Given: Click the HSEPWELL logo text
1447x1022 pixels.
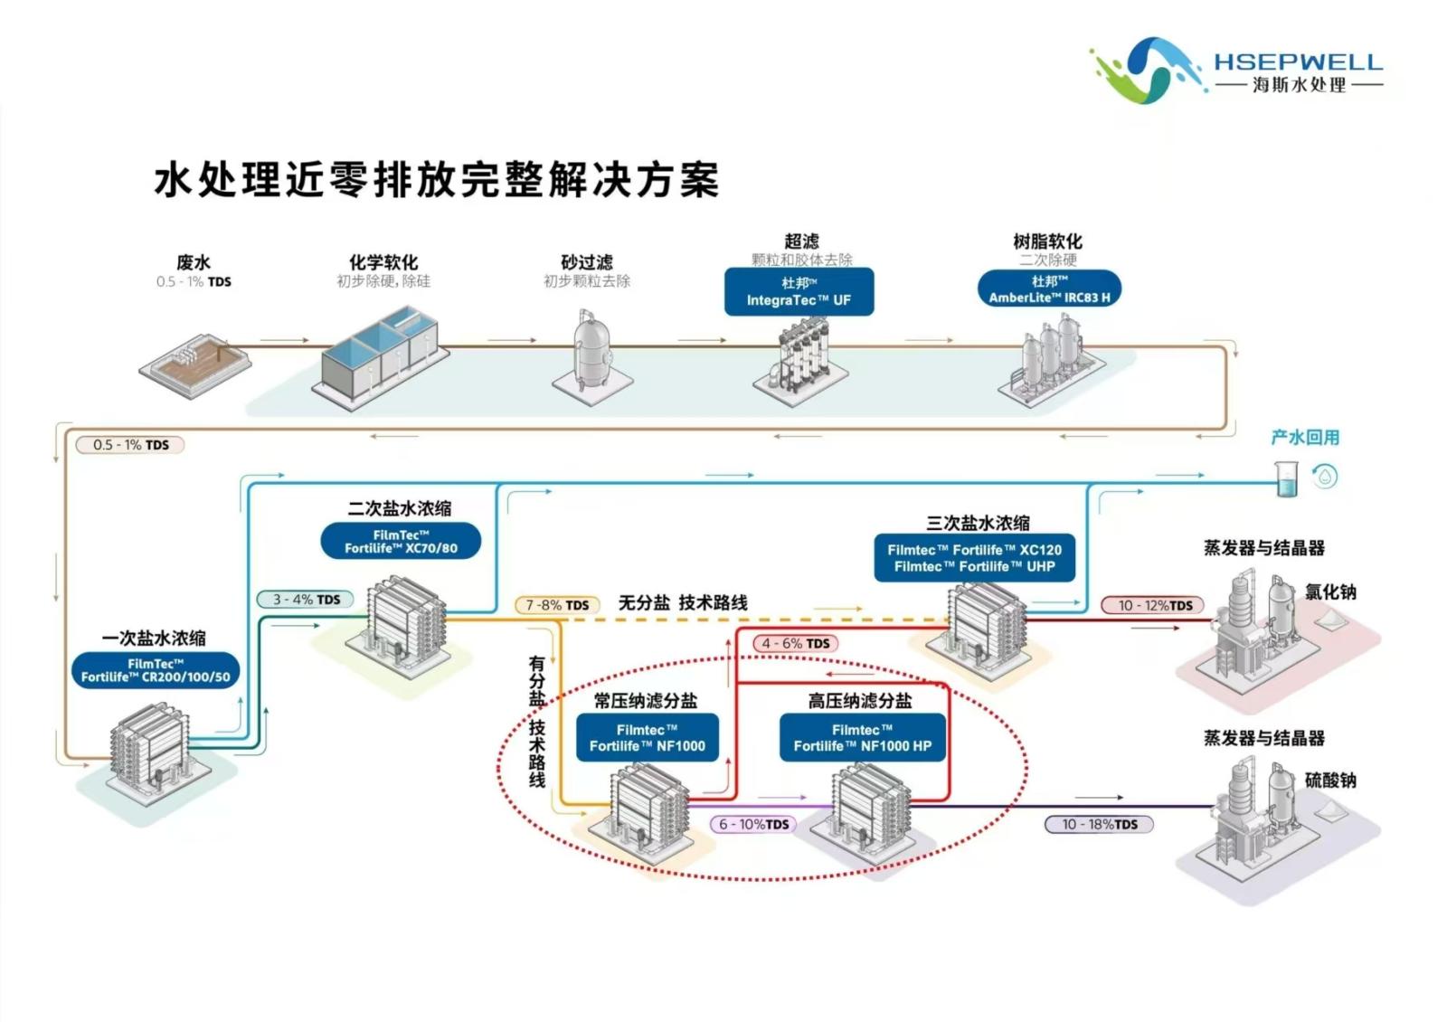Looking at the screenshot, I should point(1298,62).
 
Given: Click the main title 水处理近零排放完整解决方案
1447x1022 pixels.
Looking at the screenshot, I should point(437,179).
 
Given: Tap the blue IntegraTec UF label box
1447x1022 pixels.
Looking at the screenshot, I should point(799,291).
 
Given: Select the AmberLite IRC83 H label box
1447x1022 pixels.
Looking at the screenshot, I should point(1049,289).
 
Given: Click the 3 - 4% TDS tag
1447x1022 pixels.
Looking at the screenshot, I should point(307,600).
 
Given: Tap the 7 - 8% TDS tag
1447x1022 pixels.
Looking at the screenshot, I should point(557,605).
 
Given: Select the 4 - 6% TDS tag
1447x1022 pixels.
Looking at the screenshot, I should point(795,643).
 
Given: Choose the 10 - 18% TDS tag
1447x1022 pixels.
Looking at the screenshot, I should point(1100,824).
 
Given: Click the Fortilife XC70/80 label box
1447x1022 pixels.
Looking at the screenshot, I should point(401,541).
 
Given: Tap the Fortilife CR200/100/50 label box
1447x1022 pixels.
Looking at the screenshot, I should point(156,670).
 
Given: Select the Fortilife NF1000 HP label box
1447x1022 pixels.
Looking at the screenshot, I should point(862,738).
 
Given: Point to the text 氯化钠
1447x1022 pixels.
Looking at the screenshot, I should point(1329,592).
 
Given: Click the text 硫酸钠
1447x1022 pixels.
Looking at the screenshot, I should point(1329,781).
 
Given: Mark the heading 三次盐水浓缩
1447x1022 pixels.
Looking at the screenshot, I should point(977,523).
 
